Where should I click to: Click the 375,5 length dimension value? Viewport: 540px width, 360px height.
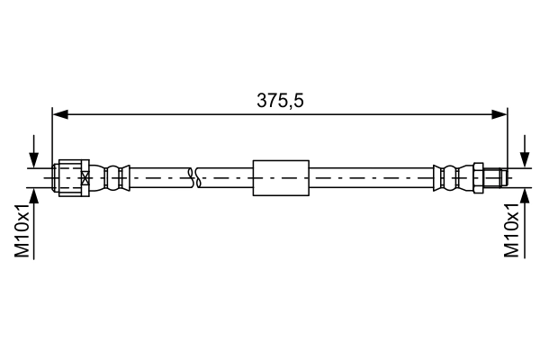pos(280,102)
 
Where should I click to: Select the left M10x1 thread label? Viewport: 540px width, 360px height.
pos(24,230)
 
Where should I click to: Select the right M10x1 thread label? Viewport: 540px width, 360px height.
pos(512,230)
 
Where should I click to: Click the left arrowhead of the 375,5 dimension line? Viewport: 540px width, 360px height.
pos(59,114)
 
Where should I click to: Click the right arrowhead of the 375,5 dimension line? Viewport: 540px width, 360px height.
pos(500,114)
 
